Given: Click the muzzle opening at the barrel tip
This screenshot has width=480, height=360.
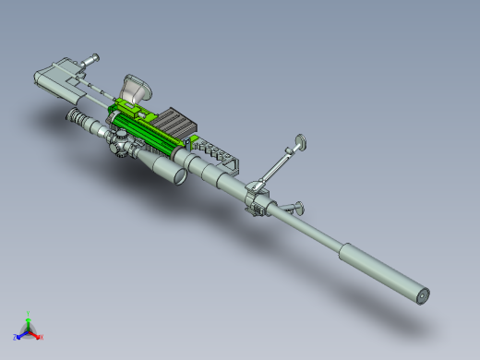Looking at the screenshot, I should click(x=425, y=296).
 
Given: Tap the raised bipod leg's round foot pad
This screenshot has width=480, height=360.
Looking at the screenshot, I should click(x=301, y=142).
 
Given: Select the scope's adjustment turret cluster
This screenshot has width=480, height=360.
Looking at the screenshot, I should click(x=121, y=144).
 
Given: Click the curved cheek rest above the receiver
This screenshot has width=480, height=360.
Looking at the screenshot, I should click(x=138, y=88).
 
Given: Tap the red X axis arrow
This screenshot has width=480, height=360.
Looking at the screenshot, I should click(x=40, y=336).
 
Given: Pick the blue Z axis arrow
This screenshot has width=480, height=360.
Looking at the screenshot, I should click(x=18, y=334).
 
